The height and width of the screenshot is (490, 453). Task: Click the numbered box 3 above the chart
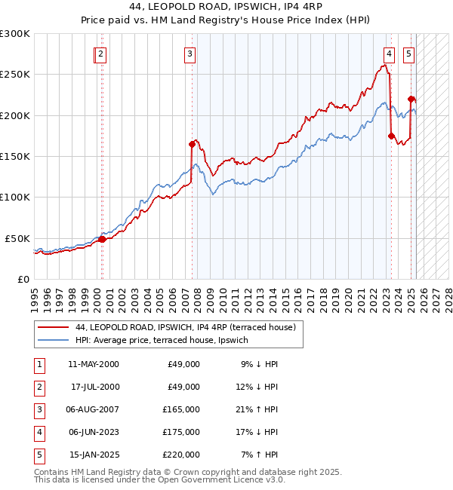pos(190,54)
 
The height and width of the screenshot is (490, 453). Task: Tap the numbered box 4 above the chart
pos(389,54)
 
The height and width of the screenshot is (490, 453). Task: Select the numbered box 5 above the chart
pos(408,54)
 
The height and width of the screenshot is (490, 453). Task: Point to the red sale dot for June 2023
pos(391,136)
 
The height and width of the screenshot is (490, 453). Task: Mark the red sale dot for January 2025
pos(411,99)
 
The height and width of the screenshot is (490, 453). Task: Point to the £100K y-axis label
pos(15,198)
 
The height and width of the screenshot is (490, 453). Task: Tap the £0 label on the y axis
pos(23,279)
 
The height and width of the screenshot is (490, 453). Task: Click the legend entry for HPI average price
pos(162,340)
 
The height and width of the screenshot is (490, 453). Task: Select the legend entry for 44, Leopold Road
pos(190,327)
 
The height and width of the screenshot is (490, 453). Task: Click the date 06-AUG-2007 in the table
pos(94,409)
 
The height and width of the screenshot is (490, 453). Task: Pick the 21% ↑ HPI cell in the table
pos(259,409)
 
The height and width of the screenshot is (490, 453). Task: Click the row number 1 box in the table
pos(38,364)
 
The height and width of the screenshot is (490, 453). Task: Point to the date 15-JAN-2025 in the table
pos(94,455)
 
